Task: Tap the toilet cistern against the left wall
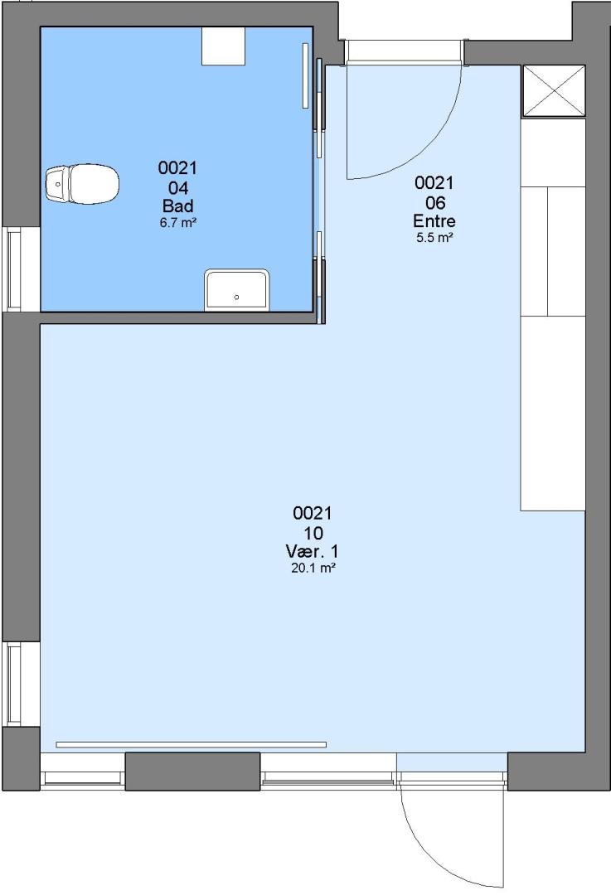click(57, 184)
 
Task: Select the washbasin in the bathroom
click(236, 291)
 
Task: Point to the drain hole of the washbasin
click(236, 297)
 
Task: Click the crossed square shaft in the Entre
click(554, 91)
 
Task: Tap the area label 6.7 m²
click(178, 223)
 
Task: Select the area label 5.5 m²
click(434, 238)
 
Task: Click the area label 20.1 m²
click(313, 568)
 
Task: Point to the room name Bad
click(178, 206)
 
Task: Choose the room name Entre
click(434, 220)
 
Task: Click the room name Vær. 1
click(313, 551)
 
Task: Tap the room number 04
click(178, 187)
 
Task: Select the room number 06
click(435, 202)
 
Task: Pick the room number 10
click(313, 533)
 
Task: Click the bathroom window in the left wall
click(14, 269)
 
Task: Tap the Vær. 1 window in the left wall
click(14, 685)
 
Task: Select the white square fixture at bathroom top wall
click(224, 46)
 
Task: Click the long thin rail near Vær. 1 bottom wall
click(192, 744)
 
